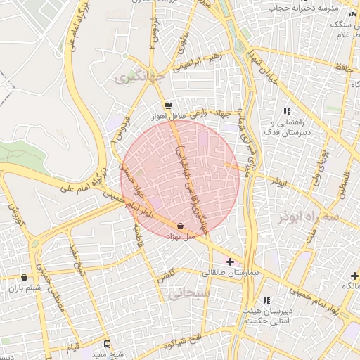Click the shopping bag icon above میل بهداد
[x=181, y=226]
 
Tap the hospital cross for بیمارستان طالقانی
[x=231, y=262]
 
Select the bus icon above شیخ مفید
[x=108, y=344]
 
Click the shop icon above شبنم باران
[x=25, y=277]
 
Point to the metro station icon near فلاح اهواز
[x=167, y=105]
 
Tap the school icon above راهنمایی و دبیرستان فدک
[x=287, y=111]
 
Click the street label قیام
[x=72, y=349]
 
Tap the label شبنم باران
[x=25, y=288]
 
